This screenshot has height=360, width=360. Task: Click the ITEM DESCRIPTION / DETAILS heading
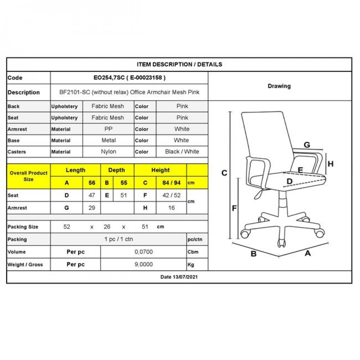[x=179, y=64]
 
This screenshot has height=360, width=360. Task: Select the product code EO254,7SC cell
[x=129, y=78]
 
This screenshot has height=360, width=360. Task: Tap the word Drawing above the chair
[x=279, y=86]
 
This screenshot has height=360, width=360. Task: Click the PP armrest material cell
[x=108, y=129]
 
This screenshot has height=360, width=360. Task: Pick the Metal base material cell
[x=108, y=140]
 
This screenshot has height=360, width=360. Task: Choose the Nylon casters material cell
[x=108, y=152]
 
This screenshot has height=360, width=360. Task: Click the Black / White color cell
[x=182, y=152]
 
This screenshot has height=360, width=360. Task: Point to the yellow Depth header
[x=117, y=170]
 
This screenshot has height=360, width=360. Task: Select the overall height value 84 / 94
[x=171, y=183]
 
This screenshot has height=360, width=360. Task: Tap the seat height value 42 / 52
[x=171, y=195]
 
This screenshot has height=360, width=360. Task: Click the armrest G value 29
[x=92, y=208]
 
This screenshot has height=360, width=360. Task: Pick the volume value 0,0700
[x=144, y=252]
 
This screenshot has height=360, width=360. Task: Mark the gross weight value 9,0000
[x=144, y=264]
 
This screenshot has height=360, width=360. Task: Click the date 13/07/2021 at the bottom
[x=179, y=277]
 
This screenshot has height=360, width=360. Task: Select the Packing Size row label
[x=23, y=227]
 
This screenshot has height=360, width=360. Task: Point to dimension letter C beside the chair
[x=224, y=173]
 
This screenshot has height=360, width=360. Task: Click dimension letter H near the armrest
[x=330, y=164]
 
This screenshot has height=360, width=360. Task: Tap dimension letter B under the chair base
[x=253, y=253]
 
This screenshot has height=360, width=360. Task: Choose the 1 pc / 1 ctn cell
[x=118, y=239]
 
